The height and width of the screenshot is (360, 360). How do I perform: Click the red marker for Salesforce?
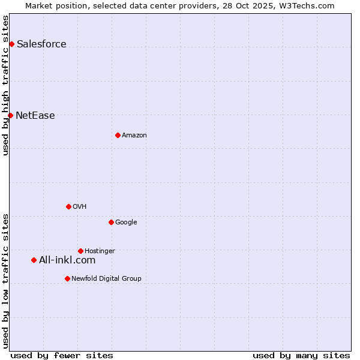click(11, 44)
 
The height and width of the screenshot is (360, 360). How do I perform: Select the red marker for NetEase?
click(10, 115)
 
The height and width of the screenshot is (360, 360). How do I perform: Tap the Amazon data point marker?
click(118, 135)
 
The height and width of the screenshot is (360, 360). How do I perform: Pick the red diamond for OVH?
click(68, 206)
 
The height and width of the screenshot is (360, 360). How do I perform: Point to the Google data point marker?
click(111, 222)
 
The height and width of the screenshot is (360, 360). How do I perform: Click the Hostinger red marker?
click(80, 251)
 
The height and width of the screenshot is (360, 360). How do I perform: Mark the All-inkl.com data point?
click(34, 260)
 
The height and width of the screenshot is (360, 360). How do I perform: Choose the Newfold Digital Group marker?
click(67, 278)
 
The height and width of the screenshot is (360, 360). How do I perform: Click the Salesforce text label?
click(41, 44)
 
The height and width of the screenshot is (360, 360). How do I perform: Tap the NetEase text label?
click(35, 116)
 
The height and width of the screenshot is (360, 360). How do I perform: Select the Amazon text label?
click(134, 136)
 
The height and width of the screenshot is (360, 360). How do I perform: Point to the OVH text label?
click(80, 207)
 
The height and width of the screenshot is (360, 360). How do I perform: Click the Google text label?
click(126, 223)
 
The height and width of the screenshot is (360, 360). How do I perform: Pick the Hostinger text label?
click(100, 251)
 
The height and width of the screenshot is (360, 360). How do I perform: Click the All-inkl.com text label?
click(67, 260)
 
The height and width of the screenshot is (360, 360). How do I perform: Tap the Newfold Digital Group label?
click(106, 279)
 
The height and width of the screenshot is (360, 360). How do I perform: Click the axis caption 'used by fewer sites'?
click(62, 355)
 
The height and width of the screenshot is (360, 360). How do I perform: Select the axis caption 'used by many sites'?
click(301, 355)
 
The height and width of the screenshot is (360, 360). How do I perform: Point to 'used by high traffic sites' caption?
click(5, 85)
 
